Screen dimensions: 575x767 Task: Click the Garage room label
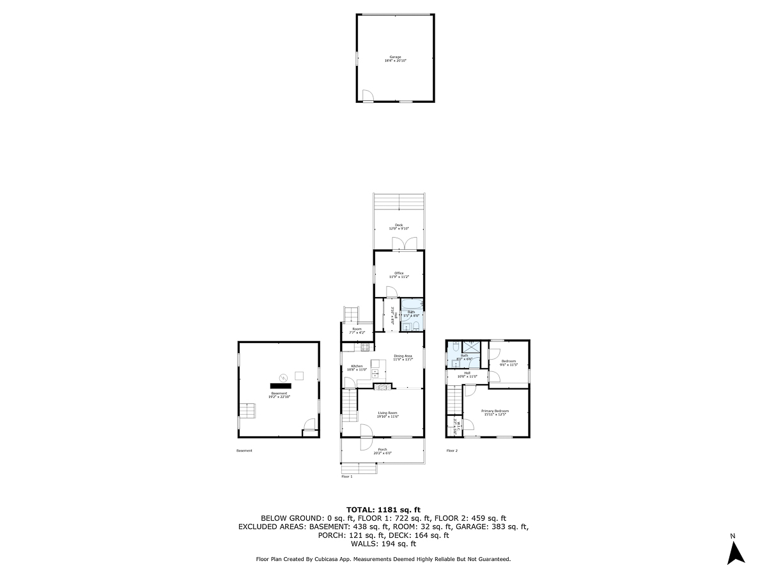[396, 58]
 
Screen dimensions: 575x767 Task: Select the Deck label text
[399, 226]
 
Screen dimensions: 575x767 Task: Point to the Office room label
[399, 275]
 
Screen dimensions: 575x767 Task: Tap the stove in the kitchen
[366, 347]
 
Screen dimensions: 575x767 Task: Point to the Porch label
[383, 451]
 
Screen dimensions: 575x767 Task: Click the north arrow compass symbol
[736, 551]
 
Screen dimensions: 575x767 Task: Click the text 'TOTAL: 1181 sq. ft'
[383, 509]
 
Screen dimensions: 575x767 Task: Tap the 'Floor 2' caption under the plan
[452, 450]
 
